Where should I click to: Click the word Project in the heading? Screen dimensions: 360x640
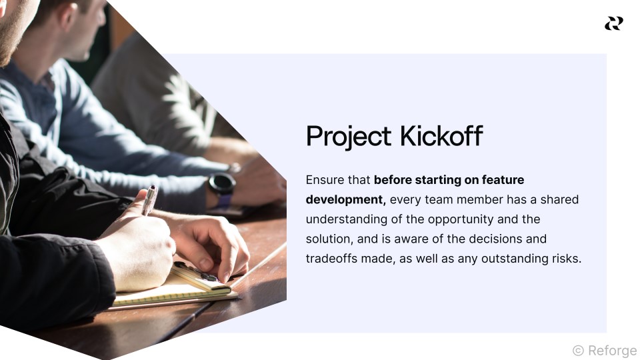pos(349,137)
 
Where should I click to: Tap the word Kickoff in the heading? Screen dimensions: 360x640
pos(441,137)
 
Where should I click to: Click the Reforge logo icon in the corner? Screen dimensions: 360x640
pos(613,23)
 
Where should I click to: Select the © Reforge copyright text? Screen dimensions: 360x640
pos(605,351)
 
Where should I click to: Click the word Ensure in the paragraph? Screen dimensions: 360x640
pos(324,180)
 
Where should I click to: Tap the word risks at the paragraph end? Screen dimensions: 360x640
pos(566,258)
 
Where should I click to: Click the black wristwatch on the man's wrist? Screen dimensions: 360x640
pos(222,183)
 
